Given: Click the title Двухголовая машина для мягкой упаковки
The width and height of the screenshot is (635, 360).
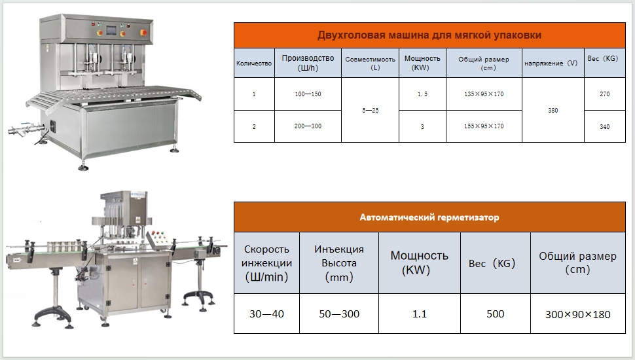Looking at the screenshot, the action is tap(429, 35).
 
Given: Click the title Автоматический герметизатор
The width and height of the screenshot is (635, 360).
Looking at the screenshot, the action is tap(429, 217).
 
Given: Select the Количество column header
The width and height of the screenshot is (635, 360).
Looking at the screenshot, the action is tap(254, 63).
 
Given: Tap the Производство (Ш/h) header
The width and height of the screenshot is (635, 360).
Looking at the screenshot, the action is tap(308, 63).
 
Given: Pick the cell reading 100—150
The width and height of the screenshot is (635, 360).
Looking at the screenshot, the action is tap(308, 94).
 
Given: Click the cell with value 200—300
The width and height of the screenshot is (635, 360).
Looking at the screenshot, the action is tap(308, 126).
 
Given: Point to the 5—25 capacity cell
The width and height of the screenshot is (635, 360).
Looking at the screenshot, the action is tap(370, 110).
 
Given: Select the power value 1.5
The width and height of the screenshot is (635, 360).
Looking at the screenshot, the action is tap(422, 94).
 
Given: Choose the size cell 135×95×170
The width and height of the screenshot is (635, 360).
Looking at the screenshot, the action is tap(484, 94).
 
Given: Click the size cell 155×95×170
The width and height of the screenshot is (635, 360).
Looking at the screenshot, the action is tap(484, 126).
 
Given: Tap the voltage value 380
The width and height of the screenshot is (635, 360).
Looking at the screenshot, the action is tap(553, 110).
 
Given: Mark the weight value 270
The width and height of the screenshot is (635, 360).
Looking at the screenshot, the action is tap(605, 94).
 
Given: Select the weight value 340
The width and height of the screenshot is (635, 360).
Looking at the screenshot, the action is tap(605, 127).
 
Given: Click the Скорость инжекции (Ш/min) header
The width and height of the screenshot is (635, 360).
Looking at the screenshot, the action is tap(266, 263).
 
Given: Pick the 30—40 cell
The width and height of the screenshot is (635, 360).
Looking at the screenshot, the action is tap(266, 314).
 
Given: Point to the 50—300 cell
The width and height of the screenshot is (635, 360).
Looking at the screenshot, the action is tap(339, 314).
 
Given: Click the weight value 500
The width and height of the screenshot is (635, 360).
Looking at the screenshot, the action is tap(496, 314).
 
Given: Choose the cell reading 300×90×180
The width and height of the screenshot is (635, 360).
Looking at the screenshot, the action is tap(578, 314).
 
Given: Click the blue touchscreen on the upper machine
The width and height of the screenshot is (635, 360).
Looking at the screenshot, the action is tap(111, 30).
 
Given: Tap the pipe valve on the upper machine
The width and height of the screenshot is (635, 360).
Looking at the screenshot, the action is tap(24, 130).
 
